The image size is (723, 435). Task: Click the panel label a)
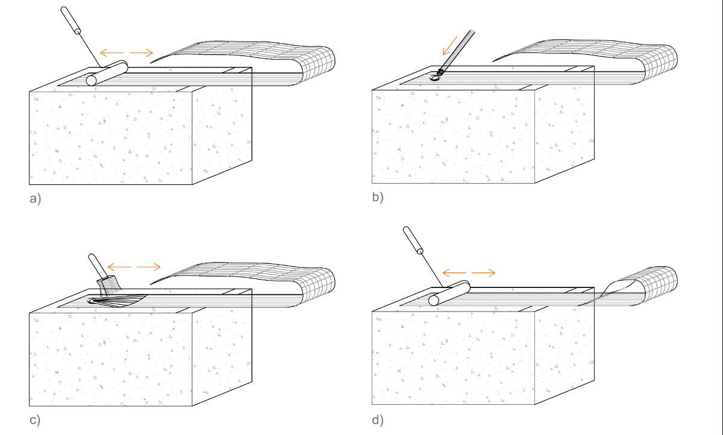click(35, 198)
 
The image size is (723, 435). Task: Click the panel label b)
click(378, 197)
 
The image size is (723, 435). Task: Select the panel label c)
click(35, 420)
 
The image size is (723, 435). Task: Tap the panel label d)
click(378, 420)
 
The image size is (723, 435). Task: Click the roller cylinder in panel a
click(107, 73)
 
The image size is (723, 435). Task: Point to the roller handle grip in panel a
click(70, 20)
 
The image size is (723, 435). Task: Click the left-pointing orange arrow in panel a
click(111, 52)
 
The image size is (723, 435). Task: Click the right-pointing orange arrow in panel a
click(142, 52)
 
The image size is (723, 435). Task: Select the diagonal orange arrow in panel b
click(450, 46)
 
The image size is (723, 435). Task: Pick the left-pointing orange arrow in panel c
click(119, 267)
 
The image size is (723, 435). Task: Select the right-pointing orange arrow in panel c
click(149, 267)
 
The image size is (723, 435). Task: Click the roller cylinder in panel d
click(449, 293)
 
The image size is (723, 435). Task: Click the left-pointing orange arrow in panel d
click(454, 273)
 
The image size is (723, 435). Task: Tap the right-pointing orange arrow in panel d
click(484, 273)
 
